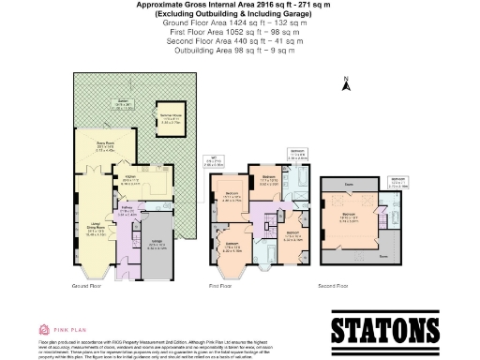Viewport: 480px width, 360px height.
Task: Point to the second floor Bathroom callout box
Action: [397, 181]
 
